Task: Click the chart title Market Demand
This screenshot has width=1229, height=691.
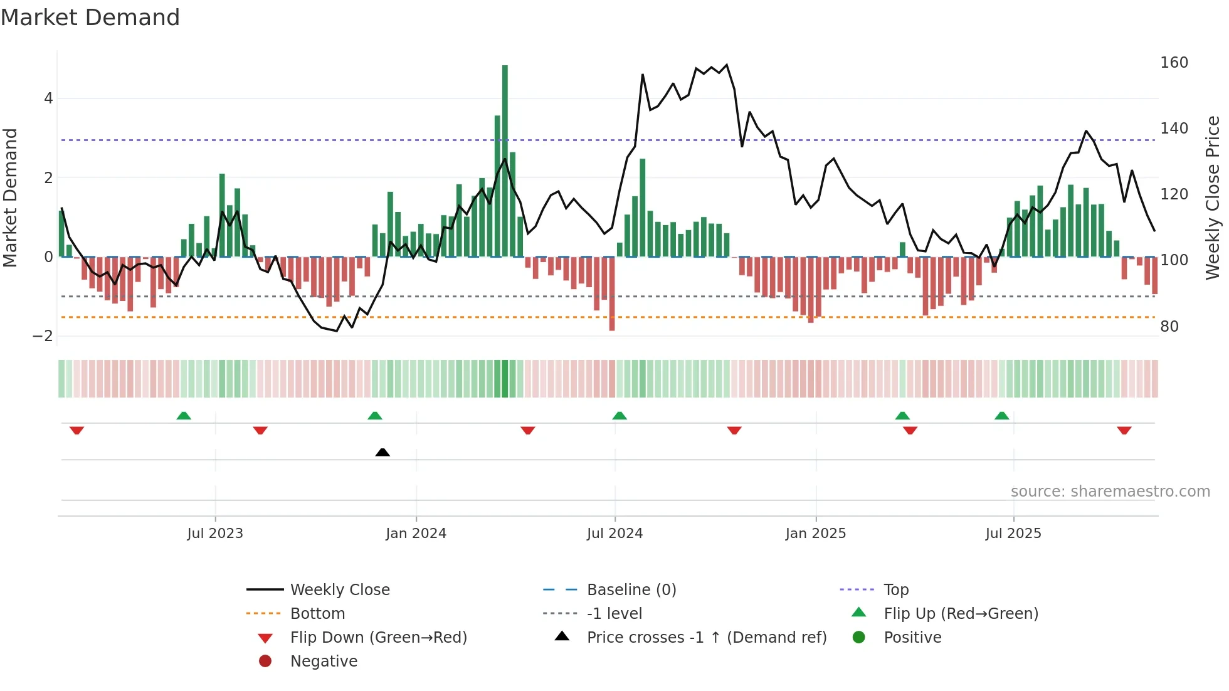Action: [90, 18]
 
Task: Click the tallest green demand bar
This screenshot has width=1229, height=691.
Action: [505, 161]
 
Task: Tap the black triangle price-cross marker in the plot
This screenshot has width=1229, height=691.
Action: [382, 452]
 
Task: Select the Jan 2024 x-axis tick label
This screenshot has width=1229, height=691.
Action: [416, 534]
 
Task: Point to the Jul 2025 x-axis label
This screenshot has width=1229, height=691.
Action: [1013, 534]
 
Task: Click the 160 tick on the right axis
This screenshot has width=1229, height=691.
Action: [1174, 63]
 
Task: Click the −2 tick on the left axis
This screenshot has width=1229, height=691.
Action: [43, 336]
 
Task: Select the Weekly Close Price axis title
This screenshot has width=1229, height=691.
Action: [1213, 198]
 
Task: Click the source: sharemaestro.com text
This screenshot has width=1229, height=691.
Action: [1110, 492]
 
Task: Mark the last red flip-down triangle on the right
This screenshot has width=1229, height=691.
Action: [1124, 431]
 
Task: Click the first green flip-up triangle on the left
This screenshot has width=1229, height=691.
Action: [184, 416]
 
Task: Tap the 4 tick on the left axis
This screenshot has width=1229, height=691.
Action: [48, 98]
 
